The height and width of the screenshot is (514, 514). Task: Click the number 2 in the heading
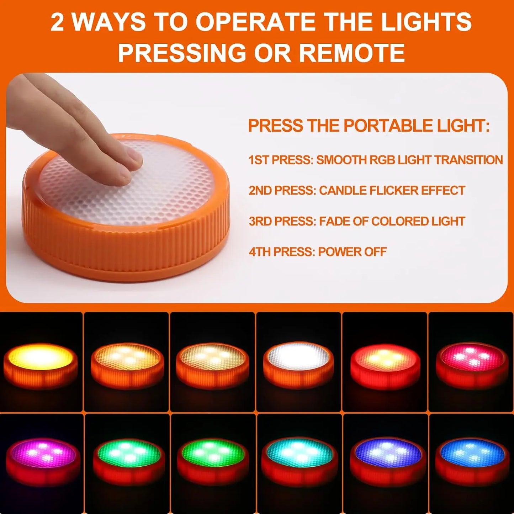point(57,22)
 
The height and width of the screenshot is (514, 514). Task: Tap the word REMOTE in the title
point(352,53)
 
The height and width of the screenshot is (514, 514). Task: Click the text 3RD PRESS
point(282,221)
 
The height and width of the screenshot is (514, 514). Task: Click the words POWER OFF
point(352,252)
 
